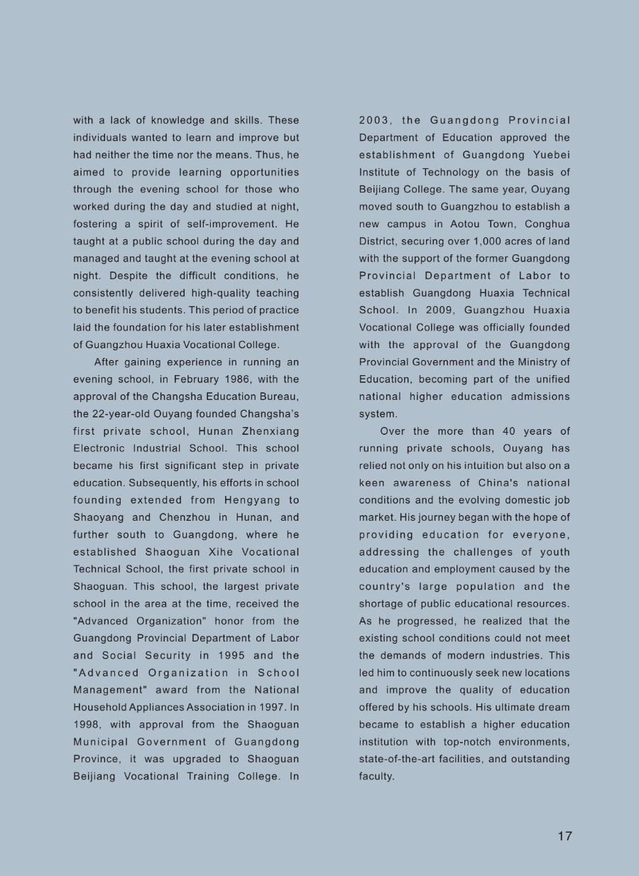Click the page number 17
coord(564,836)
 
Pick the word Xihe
coord(200,552)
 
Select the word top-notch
coord(478,742)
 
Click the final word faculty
coord(376,777)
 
